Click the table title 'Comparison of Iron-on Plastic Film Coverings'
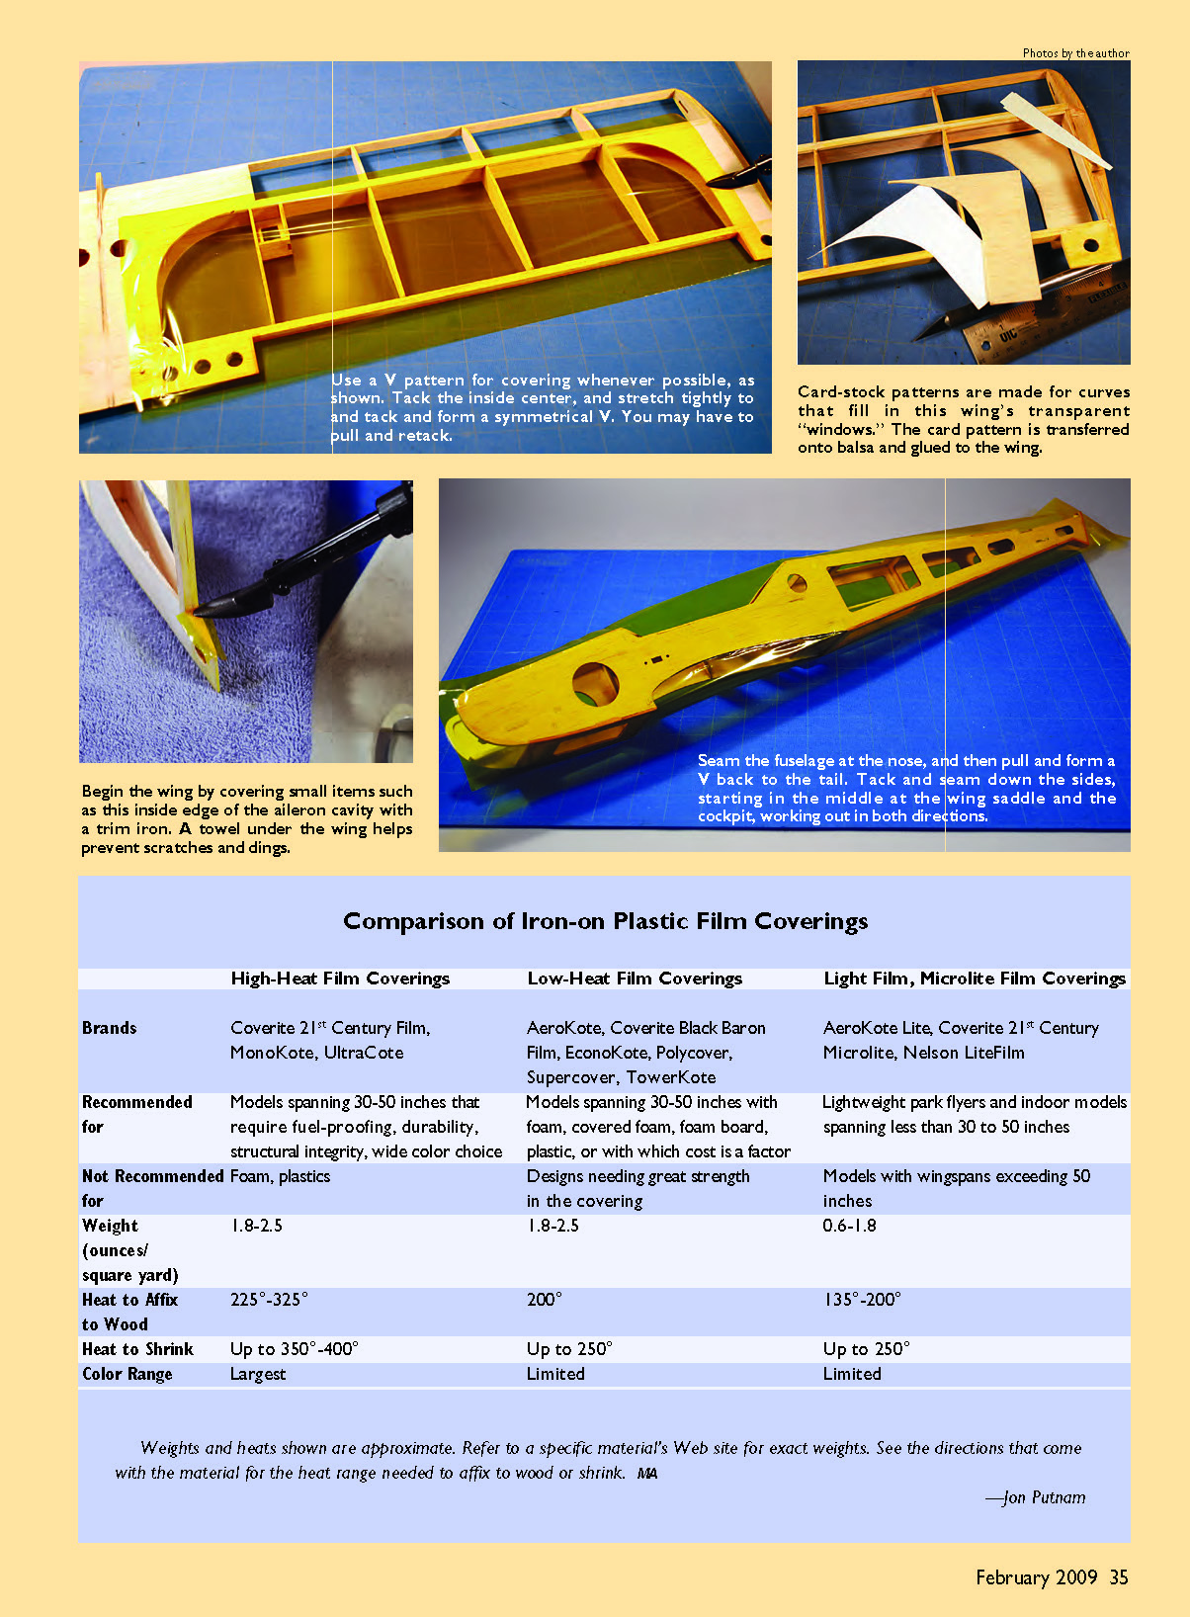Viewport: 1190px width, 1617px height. pyautogui.click(x=605, y=922)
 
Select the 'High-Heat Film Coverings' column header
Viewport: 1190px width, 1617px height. pyautogui.click(x=340, y=979)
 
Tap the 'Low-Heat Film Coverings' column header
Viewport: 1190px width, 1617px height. pyautogui.click(x=635, y=979)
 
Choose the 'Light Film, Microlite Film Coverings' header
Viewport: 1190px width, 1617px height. pyautogui.click(x=975, y=979)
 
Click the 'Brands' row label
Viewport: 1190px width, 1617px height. pyautogui.click(x=109, y=1028)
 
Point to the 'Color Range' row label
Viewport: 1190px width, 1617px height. pyautogui.click(x=127, y=1374)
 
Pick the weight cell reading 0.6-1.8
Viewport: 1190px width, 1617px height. pyautogui.click(x=849, y=1226)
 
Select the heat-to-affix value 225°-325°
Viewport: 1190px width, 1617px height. pyautogui.click(x=269, y=1300)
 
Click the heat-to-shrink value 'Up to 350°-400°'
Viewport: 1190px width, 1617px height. pyautogui.click(x=294, y=1349)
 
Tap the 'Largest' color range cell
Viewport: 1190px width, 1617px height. pyautogui.click(x=258, y=1375)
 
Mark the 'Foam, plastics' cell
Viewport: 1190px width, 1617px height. pyautogui.click(x=280, y=1176)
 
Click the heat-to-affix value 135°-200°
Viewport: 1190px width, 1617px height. pyautogui.click(x=862, y=1300)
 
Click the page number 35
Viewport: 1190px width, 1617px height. pyautogui.click(x=1119, y=1577)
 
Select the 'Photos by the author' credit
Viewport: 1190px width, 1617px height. pyautogui.click(x=1076, y=53)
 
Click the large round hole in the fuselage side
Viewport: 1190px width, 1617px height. pyautogui.click(x=595, y=682)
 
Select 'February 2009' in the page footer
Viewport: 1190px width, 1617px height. pyautogui.click(x=1036, y=1577)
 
